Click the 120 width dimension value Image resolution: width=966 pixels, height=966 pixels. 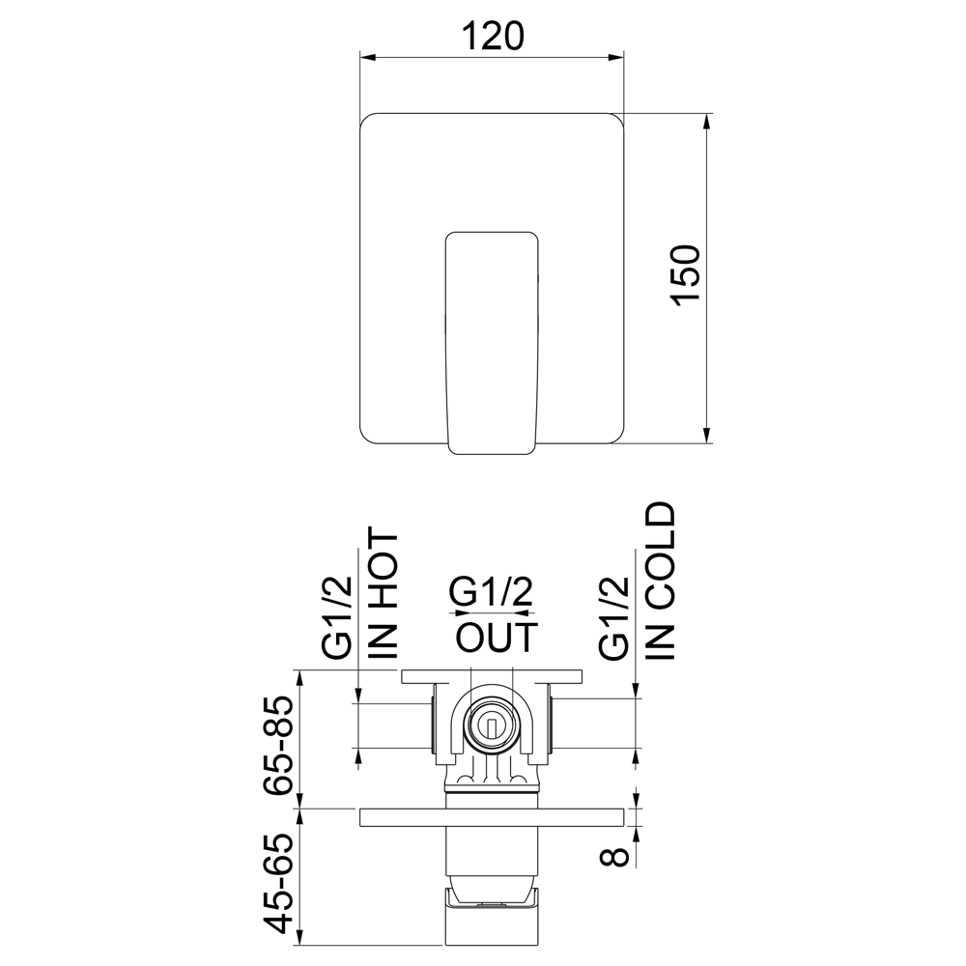(493, 36)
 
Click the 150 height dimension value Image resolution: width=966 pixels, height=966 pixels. (686, 274)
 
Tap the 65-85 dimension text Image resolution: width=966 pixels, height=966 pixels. (277, 746)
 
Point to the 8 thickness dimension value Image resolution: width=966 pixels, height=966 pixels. (614, 856)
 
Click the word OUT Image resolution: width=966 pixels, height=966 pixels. (497, 638)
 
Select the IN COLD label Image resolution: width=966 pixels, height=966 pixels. (661, 581)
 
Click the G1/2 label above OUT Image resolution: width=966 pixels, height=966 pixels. (491, 592)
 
